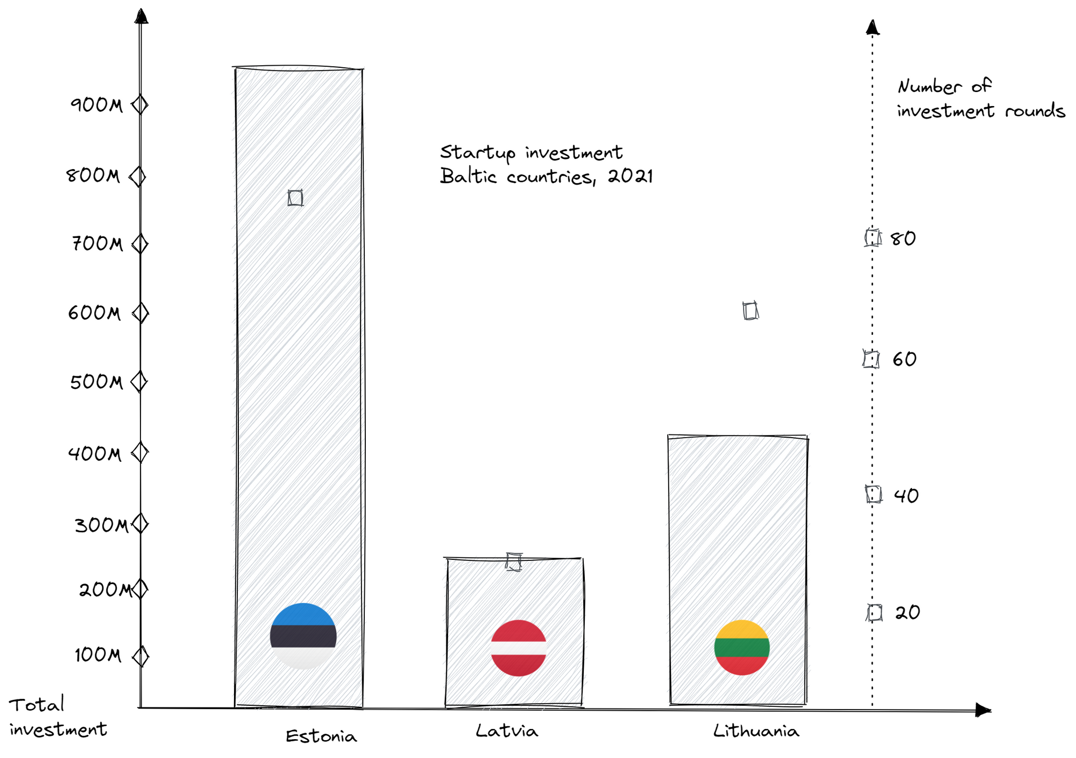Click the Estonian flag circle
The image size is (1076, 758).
coord(303,636)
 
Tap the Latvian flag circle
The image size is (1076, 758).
coord(519,648)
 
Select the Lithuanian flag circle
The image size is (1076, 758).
coord(742,648)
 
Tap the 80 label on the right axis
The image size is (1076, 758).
coord(903,238)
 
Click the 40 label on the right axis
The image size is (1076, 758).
coord(906,495)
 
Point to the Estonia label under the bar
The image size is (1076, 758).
coord(321,736)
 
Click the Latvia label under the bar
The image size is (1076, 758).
coord(507,731)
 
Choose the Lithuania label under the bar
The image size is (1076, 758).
coord(756,731)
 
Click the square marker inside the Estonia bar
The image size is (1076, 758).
coord(295,198)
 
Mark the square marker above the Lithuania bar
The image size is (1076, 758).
coord(751,311)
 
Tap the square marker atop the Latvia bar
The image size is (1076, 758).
coord(514,562)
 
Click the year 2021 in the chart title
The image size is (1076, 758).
coord(630,177)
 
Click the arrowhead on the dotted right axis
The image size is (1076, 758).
coord(873,27)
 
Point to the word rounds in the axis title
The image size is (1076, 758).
coord(1035,111)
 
